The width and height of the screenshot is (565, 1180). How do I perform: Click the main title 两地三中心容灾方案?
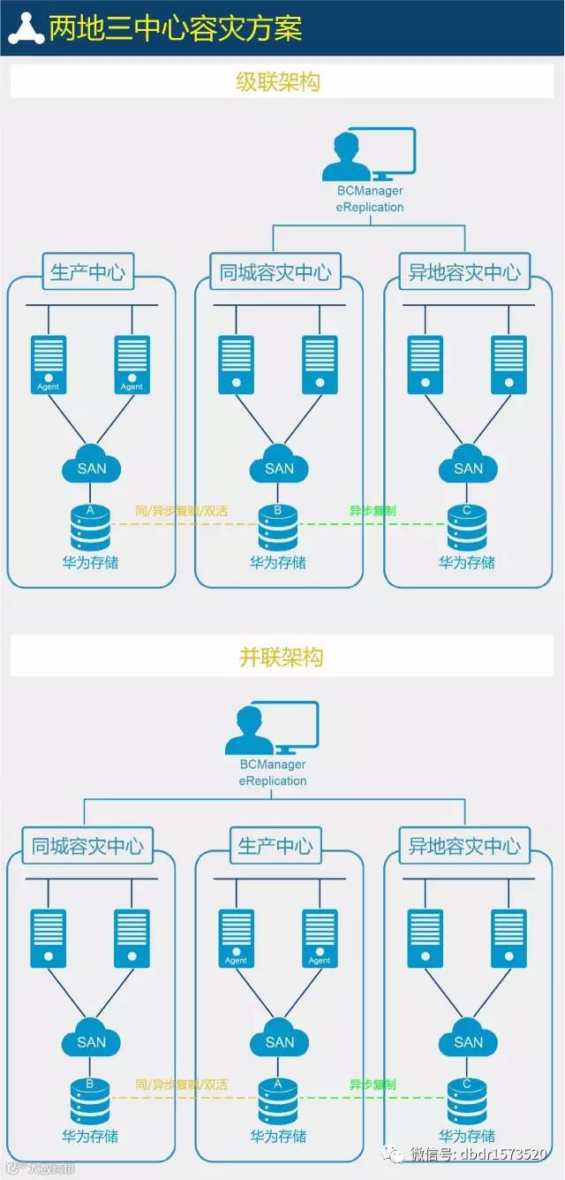[176, 28]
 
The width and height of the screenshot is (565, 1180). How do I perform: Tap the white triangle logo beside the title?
[26, 28]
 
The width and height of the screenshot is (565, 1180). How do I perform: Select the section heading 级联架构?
[278, 82]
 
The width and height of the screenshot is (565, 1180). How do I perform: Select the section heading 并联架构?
[282, 657]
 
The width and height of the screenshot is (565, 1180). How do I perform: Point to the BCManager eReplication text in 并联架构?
[273, 773]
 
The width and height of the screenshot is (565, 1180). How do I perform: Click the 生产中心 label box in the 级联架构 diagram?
[87, 272]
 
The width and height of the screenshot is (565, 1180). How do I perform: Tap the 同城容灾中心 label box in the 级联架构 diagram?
[275, 272]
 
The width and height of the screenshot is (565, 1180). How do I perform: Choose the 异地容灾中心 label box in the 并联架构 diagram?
[464, 846]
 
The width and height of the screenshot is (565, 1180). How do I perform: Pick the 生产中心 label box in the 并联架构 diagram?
[275, 846]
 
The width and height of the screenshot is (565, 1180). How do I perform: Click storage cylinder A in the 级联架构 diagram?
[90, 528]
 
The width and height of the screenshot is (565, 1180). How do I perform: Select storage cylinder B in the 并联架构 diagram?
[90, 1101]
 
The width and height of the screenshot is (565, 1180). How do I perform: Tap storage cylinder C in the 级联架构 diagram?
[467, 528]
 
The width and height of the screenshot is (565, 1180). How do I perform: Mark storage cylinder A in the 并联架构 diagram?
[278, 1101]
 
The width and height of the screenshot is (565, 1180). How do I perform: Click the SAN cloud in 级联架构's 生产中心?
[91, 468]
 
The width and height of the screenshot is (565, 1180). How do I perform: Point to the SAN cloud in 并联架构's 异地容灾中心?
[468, 1041]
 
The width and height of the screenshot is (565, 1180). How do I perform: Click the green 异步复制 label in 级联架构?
[373, 511]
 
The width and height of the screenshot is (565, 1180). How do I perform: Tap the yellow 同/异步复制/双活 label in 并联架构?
[182, 1085]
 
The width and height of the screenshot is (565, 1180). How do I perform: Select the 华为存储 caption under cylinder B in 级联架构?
[278, 562]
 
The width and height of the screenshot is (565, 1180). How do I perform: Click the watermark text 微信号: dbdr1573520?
[482, 1155]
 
